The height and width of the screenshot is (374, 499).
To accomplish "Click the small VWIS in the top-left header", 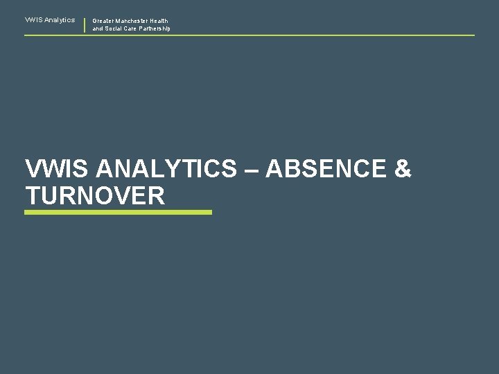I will (32, 20).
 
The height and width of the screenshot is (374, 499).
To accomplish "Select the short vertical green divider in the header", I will (85, 25).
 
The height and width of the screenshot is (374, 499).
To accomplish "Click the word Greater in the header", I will (103, 21).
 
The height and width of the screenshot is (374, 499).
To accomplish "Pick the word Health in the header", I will (159, 21).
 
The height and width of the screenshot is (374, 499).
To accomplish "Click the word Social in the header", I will (113, 29).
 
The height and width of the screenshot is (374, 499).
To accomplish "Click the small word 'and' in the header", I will (98, 29).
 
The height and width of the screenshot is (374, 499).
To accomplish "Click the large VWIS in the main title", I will (51, 169).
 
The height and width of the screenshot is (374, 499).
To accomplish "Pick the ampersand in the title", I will (403, 169).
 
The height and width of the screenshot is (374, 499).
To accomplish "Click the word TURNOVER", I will (95, 195).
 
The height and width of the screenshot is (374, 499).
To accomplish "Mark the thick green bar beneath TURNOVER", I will (118, 213).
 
